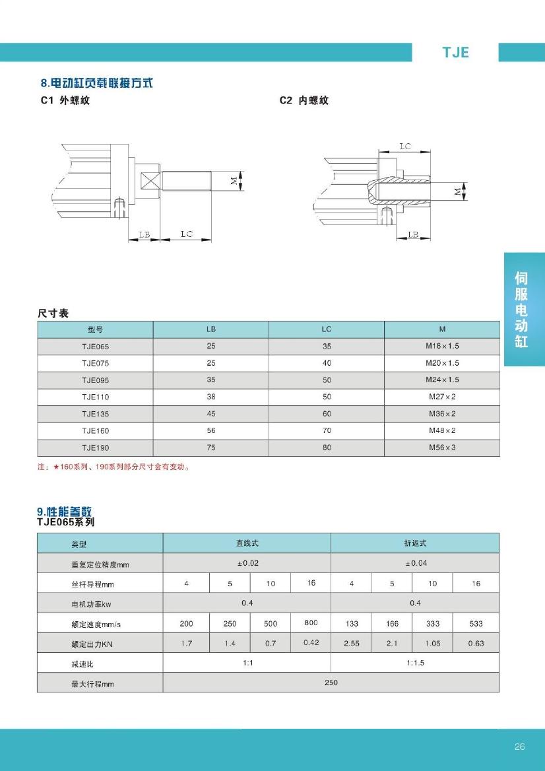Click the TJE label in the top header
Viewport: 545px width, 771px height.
point(455,53)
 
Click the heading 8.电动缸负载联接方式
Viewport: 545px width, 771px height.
point(96,83)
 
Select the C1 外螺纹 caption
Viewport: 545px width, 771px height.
point(65,101)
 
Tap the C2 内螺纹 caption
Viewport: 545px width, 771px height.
point(304,101)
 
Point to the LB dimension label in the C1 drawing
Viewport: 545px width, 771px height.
point(144,234)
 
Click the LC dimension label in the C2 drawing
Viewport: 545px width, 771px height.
point(405,147)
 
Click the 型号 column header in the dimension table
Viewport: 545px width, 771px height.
point(95,329)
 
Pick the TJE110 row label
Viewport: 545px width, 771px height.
point(95,397)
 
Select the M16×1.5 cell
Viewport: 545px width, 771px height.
point(441,347)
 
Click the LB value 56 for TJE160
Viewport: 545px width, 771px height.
point(210,430)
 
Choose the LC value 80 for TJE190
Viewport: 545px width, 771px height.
point(327,448)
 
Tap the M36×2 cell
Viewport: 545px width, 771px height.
point(441,414)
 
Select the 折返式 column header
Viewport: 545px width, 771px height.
point(415,543)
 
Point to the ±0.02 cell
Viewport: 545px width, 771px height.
point(247,563)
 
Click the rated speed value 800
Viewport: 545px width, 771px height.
point(311,623)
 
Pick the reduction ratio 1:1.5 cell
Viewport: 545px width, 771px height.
point(415,663)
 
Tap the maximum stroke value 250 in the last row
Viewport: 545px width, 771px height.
point(331,683)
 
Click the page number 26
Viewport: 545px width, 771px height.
point(519,747)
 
